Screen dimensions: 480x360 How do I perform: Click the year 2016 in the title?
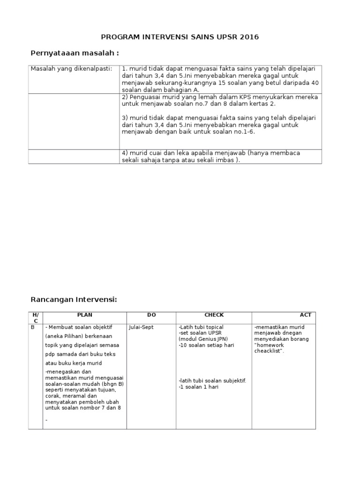tap(249, 37)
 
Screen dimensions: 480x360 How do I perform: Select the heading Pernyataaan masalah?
tap(78, 53)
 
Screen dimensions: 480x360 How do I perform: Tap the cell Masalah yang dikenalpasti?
tap(71, 69)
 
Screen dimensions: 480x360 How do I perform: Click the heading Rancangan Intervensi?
tap(74, 300)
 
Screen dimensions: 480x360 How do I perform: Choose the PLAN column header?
tap(84, 315)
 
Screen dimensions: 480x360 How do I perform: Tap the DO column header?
tap(151, 315)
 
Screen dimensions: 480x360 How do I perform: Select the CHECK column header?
tap(214, 315)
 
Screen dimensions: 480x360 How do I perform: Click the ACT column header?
tap(305, 315)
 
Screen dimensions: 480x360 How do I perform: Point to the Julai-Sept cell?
tap(141, 327)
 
